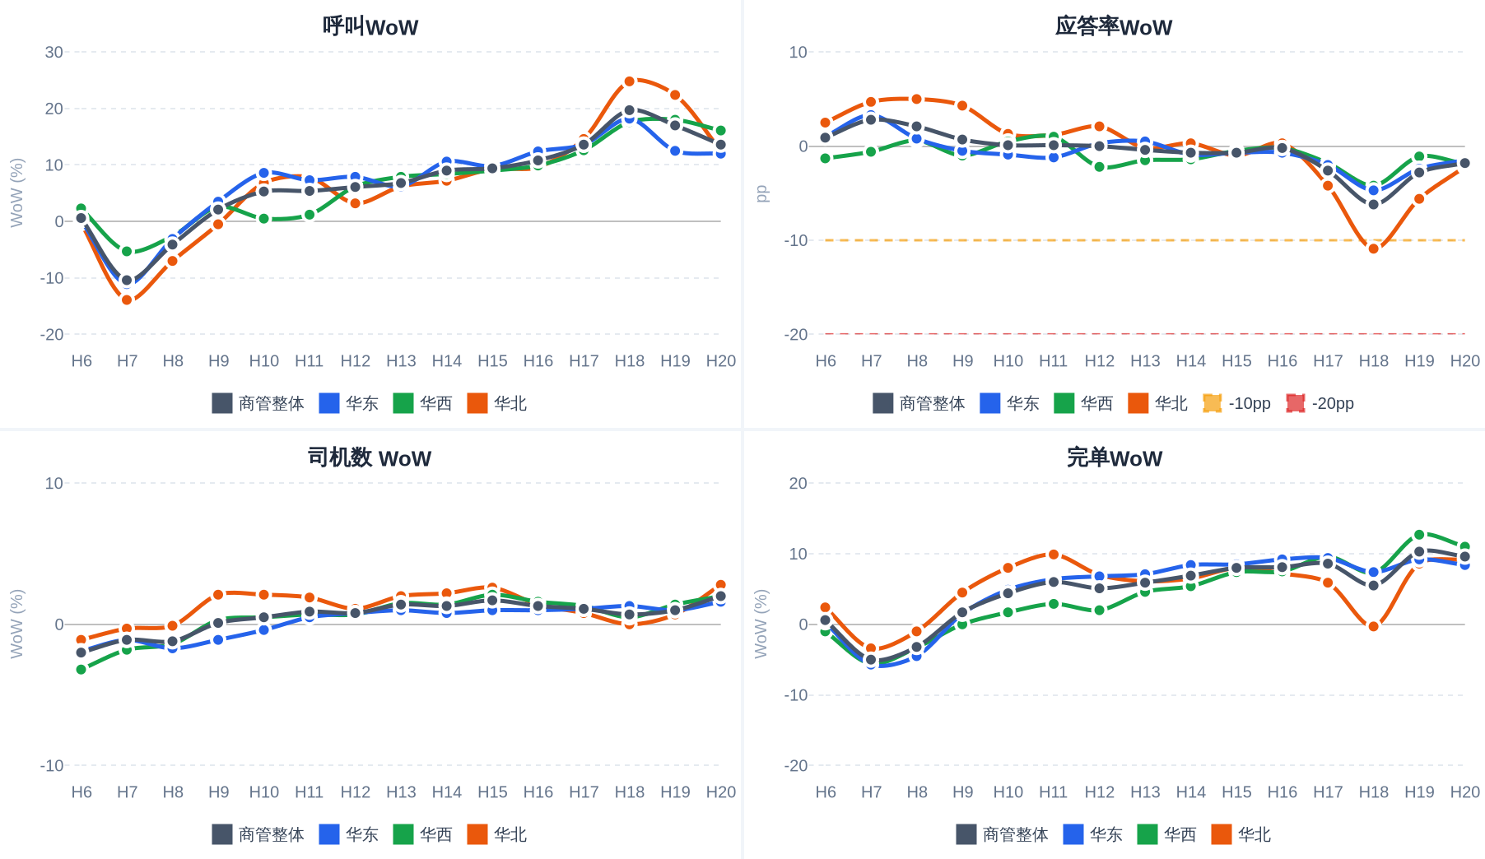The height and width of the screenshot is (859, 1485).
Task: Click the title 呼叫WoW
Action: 370,26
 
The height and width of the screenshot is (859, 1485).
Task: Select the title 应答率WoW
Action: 1114,26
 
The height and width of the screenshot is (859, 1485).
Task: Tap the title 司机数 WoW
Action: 370,457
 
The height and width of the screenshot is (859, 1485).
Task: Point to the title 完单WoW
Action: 1115,457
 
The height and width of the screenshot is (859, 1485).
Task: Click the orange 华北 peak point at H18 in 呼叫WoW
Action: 630,81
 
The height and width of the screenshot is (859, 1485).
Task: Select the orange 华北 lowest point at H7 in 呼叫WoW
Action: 127,299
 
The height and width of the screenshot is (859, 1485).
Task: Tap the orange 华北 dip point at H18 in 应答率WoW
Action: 1374,248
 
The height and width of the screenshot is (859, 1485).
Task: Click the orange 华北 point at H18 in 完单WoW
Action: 1374,626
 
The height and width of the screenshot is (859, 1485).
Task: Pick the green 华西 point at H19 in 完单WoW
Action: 1419,535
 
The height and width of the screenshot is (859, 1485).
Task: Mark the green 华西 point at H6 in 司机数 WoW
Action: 81,669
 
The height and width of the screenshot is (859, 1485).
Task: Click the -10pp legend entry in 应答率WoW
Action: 1236,403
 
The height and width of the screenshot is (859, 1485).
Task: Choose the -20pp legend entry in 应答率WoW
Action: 1320,403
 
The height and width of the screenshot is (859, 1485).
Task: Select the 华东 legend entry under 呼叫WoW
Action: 348,403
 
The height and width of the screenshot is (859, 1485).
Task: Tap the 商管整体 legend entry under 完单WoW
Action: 1002,834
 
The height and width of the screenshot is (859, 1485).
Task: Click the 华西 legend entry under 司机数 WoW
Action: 422,834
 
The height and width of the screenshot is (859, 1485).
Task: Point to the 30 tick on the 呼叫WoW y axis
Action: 54,52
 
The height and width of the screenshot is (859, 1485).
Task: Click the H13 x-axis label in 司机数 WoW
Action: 401,792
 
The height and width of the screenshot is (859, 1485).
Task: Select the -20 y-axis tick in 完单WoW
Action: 796,765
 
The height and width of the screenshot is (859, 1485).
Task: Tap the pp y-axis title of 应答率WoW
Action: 762,193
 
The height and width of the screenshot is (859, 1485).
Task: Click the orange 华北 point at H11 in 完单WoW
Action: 1054,555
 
